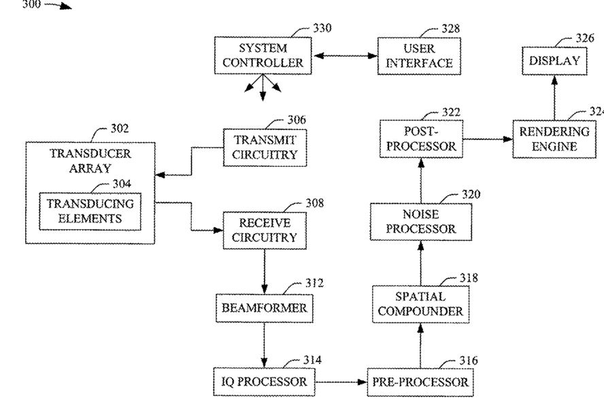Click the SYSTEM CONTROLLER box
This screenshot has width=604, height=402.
coord(263,56)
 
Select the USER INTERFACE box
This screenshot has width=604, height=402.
coord(419,56)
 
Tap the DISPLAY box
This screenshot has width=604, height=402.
coord(555,61)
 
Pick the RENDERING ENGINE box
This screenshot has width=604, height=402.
coord(554,139)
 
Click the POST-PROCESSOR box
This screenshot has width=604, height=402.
coord(422,139)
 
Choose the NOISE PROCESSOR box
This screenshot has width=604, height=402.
coord(421,222)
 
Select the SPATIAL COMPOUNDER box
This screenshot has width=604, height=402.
coord(420,304)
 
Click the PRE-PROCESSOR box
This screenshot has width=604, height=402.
coord(420,382)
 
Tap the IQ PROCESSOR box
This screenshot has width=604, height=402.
coord(264,382)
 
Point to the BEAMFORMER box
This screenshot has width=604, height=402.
coord(264,308)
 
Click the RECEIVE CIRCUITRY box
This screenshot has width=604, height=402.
coord(265,231)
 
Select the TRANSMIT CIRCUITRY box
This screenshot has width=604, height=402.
coord(265,148)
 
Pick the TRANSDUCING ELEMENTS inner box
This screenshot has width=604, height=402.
coord(90,212)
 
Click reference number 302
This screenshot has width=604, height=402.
coord(120,129)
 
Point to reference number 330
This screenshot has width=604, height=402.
coord(322,28)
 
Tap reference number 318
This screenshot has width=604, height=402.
coord(469,278)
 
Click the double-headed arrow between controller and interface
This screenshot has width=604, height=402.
coord(346,56)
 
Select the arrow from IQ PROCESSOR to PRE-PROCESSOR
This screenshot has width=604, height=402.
coord(341,382)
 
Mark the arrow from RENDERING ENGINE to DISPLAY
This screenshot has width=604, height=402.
coord(555,98)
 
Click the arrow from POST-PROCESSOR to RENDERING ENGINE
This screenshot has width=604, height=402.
coord(488,139)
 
